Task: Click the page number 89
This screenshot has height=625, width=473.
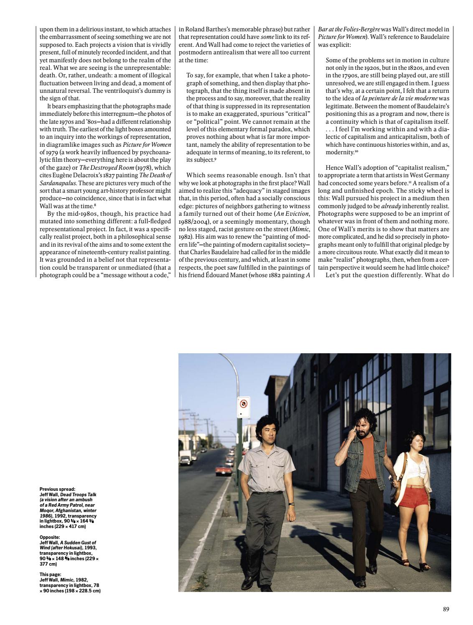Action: click(446, 609)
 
